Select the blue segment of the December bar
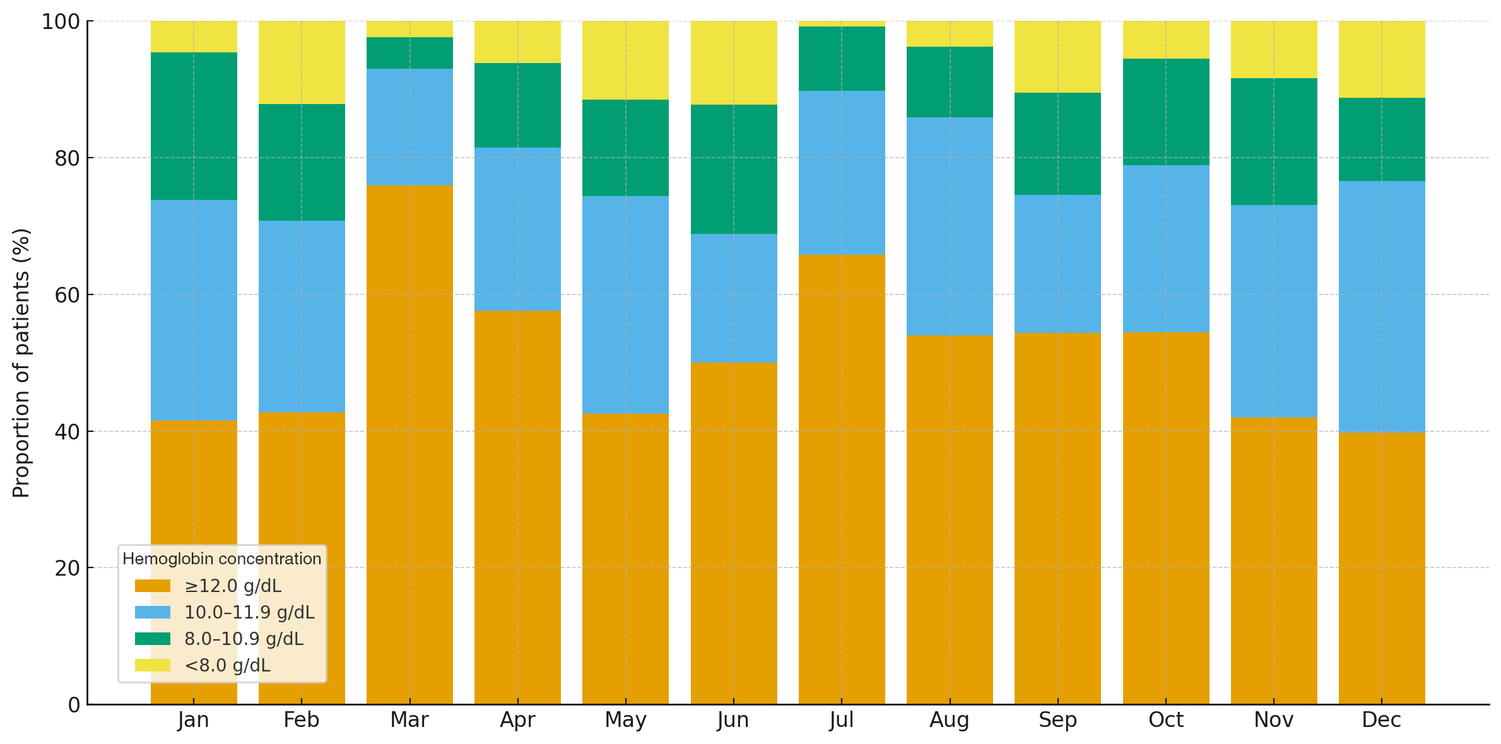tap(1382, 306)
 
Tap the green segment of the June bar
tap(734, 169)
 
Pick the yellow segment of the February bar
tap(302, 62)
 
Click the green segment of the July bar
tap(842, 59)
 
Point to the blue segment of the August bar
tap(950, 226)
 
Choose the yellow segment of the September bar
tap(1057, 57)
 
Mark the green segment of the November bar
tap(1274, 141)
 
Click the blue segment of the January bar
tap(194, 310)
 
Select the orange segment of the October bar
tap(1166, 518)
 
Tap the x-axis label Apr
tap(517, 720)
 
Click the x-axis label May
tap(625, 720)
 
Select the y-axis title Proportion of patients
tap(21, 363)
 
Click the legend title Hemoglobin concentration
tap(222, 559)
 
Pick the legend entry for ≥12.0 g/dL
tap(233, 586)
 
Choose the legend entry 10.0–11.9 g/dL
tap(249, 612)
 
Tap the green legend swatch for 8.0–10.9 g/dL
tap(153, 639)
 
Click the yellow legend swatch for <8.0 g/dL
tap(153, 665)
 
